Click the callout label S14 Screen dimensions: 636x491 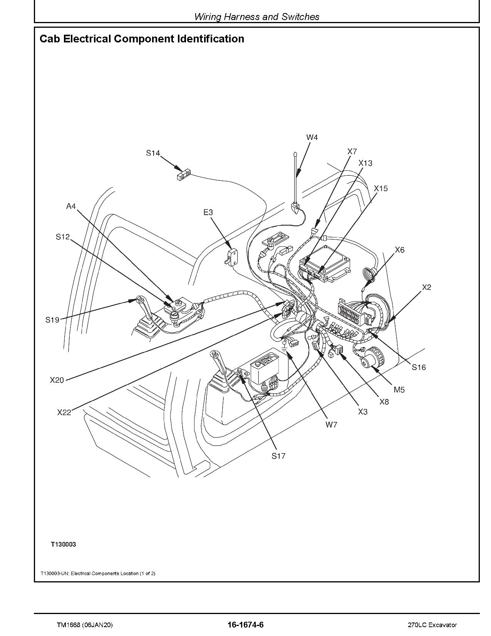[152, 153]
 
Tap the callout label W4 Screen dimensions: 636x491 [312, 137]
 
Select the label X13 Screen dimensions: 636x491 [365, 163]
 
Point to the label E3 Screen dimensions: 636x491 [208, 212]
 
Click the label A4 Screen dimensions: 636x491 [71, 207]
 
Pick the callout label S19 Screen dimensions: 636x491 [52, 320]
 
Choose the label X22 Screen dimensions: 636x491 [64, 412]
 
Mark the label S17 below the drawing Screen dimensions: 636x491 [278, 456]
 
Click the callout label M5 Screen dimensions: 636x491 [399, 390]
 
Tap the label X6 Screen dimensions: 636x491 [400, 250]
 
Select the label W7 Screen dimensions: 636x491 [331, 425]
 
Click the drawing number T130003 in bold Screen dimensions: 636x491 [63, 544]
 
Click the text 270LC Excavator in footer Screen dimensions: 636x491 [432, 625]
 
